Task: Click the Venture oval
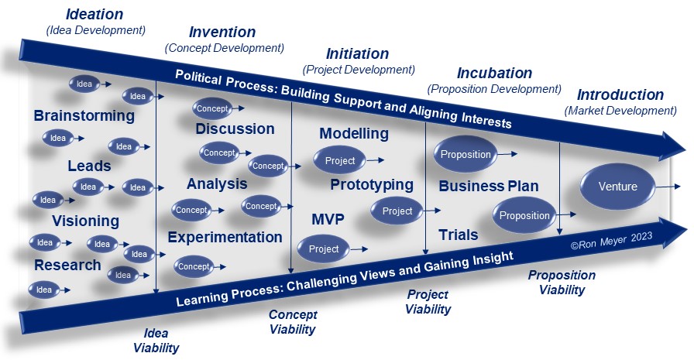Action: tap(617, 186)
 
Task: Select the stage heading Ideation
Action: tap(94, 14)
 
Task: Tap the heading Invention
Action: tap(222, 32)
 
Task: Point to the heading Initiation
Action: tap(357, 53)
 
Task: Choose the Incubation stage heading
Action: tap(494, 73)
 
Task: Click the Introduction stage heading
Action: tap(620, 94)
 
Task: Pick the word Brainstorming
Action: tap(84, 115)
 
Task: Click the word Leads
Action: tap(89, 166)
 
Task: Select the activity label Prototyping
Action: tap(372, 185)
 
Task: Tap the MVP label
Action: tap(328, 219)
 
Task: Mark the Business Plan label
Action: tap(489, 186)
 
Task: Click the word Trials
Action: tap(458, 235)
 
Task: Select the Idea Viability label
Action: tap(156, 341)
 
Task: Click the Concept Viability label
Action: tap(293, 322)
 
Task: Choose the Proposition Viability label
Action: tap(562, 283)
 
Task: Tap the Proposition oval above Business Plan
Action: tap(466, 154)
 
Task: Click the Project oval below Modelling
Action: tap(339, 160)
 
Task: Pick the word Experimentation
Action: tap(225, 238)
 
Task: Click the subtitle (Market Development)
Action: tap(620, 111)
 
